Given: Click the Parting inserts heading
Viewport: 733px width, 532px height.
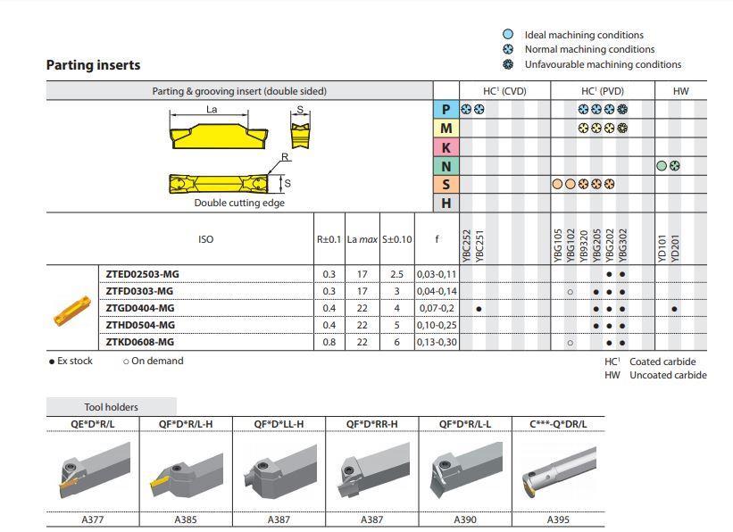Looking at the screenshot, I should click(x=93, y=65).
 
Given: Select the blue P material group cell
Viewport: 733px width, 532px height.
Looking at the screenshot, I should click(x=446, y=110).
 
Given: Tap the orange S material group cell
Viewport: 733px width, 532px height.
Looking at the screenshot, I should click(x=446, y=185).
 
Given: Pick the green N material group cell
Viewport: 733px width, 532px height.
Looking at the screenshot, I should click(x=446, y=166).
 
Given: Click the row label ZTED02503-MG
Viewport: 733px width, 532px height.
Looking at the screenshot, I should click(x=143, y=274).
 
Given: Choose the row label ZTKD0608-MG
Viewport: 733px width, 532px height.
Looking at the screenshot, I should click(x=140, y=342).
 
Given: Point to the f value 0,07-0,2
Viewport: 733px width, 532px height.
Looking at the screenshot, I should click(x=437, y=308).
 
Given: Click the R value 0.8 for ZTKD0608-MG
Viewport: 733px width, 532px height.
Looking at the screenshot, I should click(x=329, y=342).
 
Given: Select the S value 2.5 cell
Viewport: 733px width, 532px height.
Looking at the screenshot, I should click(x=397, y=274).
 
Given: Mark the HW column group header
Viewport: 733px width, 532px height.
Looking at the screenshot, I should click(x=680, y=91).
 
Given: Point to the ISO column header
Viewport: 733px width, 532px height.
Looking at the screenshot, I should click(x=205, y=239).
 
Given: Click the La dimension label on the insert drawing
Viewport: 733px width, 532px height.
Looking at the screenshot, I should click(x=212, y=110).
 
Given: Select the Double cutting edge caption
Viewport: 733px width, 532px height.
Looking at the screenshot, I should click(x=228, y=203).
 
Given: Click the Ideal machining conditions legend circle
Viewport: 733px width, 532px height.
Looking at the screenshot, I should click(x=508, y=35).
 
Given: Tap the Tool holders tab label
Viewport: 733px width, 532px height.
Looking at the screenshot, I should click(x=111, y=407).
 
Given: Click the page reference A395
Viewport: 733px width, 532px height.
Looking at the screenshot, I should click(x=558, y=520).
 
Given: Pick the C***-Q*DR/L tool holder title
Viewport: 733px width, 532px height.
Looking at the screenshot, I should click(x=558, y=423).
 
